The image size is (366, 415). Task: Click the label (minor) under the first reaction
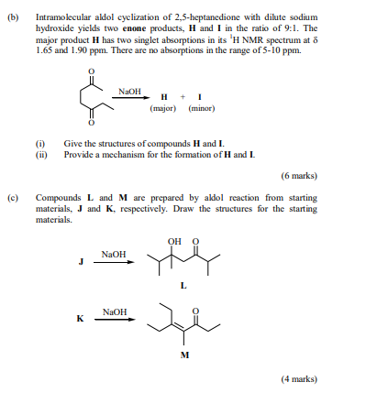[201, 108]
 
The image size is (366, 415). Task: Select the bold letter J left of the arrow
[81, 260]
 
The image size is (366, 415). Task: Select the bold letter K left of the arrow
[81, 319]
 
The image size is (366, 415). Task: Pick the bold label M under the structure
[183, 355]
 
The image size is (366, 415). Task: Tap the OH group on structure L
[174, 242]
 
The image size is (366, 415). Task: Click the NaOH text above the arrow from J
[115, 253]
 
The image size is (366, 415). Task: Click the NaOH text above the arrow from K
[115, 311]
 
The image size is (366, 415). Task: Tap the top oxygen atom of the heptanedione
[90, 70]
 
